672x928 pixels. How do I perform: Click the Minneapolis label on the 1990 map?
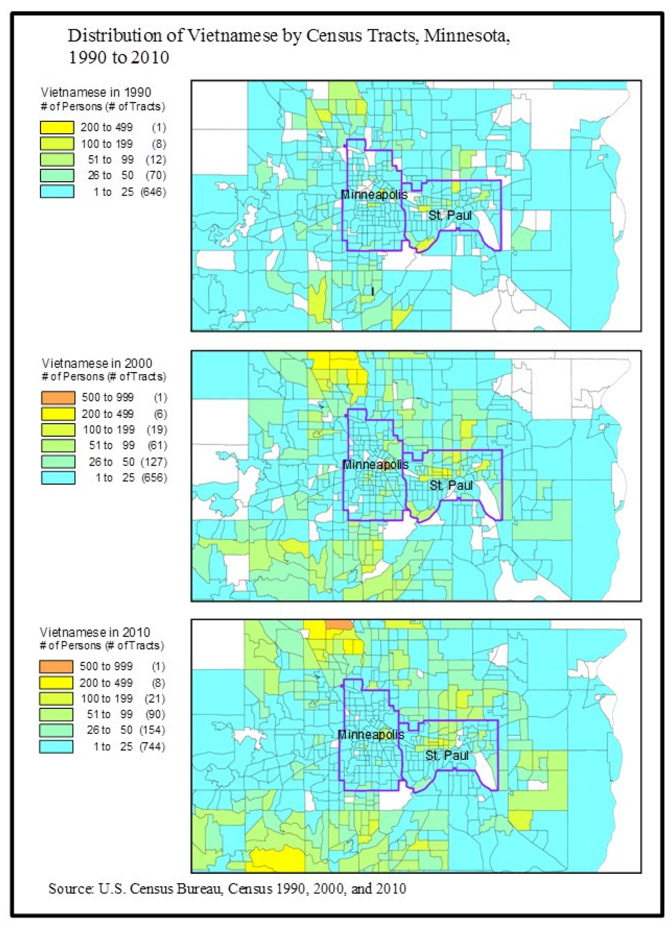(374, 194)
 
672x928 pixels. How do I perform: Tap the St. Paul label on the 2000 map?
(451, 486)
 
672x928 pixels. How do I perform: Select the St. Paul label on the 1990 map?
(450, 215)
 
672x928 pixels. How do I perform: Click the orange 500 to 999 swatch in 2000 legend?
(58, 397)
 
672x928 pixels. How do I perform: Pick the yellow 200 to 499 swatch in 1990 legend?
(57, 127)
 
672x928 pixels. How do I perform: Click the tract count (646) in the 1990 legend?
(153, 192)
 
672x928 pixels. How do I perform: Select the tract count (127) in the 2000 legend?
(154, 462)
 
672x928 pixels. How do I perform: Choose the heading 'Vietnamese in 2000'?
(97, 363)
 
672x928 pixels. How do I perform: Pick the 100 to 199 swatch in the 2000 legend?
(58, 430)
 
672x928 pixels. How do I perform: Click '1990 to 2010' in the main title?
(119, 57)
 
